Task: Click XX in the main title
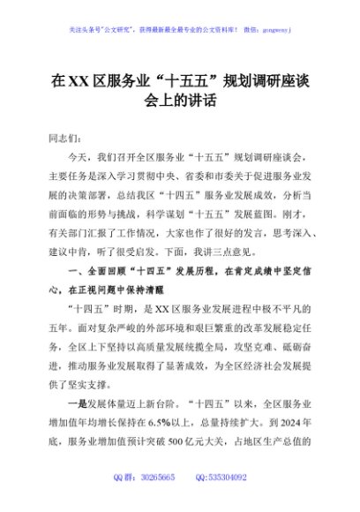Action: pos(79,82)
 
